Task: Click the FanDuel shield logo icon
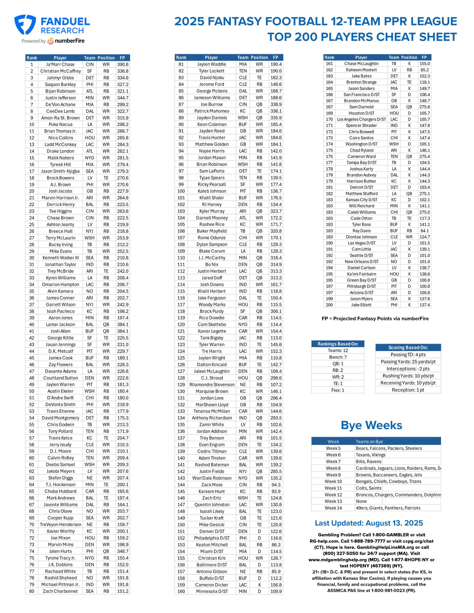25,25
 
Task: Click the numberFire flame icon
51,41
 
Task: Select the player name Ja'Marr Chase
60,64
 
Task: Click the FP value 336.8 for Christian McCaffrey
123,71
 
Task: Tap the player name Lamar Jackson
60,324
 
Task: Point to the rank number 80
32,591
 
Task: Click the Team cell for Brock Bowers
90,178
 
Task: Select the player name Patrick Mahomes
212,111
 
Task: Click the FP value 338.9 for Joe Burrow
276,104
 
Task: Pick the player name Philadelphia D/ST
212,538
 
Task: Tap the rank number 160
181,591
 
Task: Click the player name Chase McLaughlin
361,64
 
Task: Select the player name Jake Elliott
361,305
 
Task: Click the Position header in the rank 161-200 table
409,57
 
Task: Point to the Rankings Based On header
338,344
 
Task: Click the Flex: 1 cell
338,390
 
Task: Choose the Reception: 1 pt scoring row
408,390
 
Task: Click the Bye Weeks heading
371,426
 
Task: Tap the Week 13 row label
333,501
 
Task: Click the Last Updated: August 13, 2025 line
369,523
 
